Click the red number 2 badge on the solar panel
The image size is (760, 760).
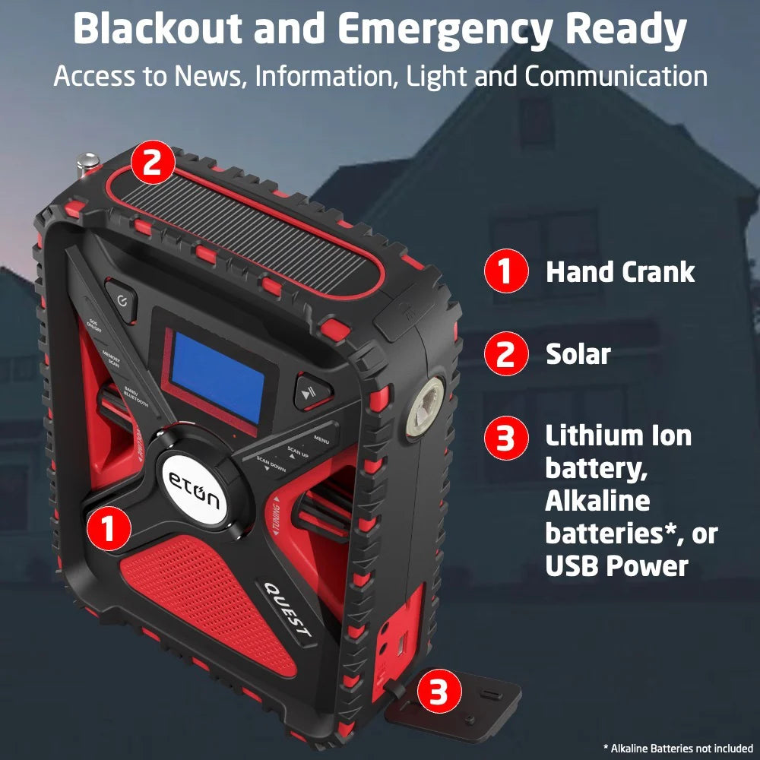(153, 163)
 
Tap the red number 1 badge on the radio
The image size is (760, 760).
(109, 527)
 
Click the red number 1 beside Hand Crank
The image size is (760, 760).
(506, 272)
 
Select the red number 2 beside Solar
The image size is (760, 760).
(506, 354)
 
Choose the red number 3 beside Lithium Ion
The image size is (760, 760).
(506, 438)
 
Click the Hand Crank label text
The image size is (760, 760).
(620, 272)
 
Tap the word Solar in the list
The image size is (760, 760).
(578, 354)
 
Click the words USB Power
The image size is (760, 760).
(616, 566)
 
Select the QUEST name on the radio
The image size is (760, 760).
(287, 609)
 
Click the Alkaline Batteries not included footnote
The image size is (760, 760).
(678, 749)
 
